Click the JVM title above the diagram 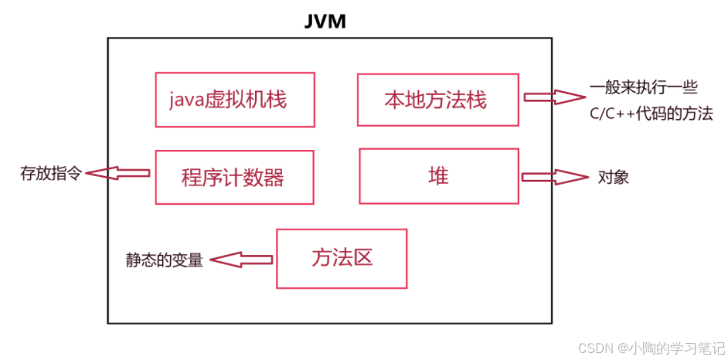[x=325, y=21]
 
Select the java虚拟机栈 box [x=235, y=100]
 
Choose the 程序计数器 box [x=235, y=177]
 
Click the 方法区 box [x=342, y=258]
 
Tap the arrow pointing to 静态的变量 [x=243, y=260]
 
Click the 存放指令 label [x=50, y=173]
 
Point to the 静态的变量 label [x=165, y=260]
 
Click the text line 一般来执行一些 [x=643, y=87]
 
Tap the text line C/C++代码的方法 [x=649, y=114]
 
